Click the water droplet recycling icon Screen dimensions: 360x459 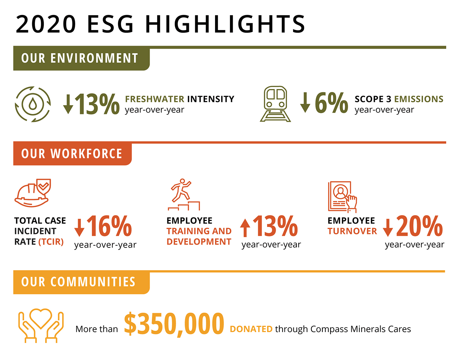tap(33, 104)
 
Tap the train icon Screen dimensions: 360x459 tap(275, 104)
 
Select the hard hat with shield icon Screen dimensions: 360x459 tap(33, 193)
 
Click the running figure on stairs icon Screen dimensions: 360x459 tap(184, 194)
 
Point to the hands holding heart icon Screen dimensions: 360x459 tap(41, 325)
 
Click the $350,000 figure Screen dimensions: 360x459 tap(174, 324)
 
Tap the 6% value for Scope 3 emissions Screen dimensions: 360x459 tap(331, 103)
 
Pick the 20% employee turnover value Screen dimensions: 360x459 tap(419, 226)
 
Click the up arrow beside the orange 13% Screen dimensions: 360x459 tap(245, 228)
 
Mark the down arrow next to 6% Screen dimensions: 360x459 tap(305, 103)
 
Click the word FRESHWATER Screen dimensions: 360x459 tap(155, 99)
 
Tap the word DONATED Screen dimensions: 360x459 tap(251, 329)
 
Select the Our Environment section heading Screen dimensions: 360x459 tap(80, 58)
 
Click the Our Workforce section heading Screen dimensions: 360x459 tap(72, 154)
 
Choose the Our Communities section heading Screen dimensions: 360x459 tap(78, 282)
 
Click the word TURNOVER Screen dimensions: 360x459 tap(352, 231)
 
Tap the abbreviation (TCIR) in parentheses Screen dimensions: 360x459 tap(51, 242)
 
